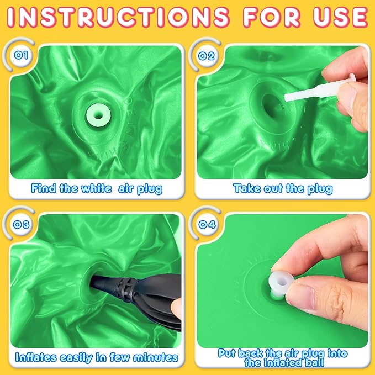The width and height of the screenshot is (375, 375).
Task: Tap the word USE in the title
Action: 341,17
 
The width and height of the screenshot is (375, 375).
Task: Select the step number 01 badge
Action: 21,55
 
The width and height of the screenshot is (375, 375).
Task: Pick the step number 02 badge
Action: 207,56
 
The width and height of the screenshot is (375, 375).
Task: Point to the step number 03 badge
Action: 21,225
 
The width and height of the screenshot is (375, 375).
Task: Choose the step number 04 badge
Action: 207,225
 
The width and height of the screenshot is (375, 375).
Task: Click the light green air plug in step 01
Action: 98,115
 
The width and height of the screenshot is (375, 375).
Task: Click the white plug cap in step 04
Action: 281,282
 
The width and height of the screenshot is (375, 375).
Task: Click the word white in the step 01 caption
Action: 96,189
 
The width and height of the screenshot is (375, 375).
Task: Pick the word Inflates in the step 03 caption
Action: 36,357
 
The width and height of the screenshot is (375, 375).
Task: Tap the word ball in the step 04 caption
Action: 315,362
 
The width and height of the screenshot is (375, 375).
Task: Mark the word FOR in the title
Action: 271,17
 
